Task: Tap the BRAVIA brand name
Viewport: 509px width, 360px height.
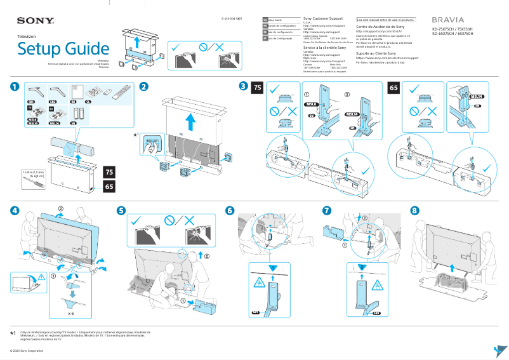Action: [448, 20]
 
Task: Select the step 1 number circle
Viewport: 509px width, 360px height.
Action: [14, 86]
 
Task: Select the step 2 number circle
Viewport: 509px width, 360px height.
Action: [145, 86]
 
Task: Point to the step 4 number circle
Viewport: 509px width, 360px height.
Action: [14, 210]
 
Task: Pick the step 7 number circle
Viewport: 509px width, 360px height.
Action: [326, 210]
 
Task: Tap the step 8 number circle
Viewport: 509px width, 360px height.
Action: [414, 210]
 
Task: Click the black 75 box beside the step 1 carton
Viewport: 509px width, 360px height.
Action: [109, 173]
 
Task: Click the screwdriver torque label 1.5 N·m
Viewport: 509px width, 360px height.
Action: [23, 173]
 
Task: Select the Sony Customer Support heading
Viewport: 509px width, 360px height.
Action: [324, 19]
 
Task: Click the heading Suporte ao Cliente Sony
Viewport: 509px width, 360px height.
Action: [376, 53]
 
